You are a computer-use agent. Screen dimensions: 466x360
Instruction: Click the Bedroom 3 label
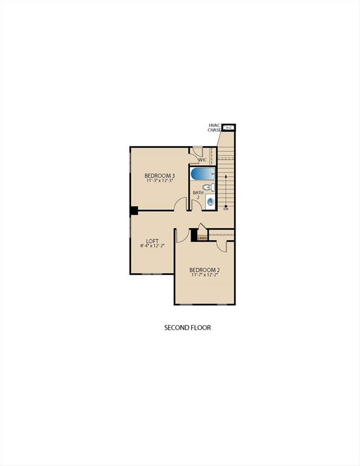(x=160, y=175)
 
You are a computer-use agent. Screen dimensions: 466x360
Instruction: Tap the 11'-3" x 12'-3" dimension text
(x=160, y=181)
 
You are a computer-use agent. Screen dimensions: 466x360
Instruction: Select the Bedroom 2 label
(x=204, y=269)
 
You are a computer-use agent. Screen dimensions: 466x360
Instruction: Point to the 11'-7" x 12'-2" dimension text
(x=204, y=275)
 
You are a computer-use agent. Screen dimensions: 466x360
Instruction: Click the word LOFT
(x=152, y=240)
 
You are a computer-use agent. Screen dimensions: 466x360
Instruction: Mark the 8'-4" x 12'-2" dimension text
(x=152, y=246)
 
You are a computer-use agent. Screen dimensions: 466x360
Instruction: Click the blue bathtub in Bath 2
(x=200, y=174)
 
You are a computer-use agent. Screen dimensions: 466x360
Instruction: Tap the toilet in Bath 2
(x=207, y=187)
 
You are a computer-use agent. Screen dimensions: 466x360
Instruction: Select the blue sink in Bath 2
(x=211, y=201)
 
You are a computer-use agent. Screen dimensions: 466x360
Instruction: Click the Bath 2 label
(x=198, y=195)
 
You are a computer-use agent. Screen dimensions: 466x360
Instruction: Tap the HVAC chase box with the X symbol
(x=229, y=127)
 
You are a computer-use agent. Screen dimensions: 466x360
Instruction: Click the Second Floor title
(x=188, y=328)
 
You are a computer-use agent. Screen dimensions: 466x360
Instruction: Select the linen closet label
(x=202, y=238)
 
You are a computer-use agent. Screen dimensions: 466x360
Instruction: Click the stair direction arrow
(x=226, y=188)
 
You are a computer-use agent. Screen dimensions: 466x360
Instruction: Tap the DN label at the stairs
(x=226, y=209)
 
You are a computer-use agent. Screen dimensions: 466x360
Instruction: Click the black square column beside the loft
(x=134, y=211)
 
